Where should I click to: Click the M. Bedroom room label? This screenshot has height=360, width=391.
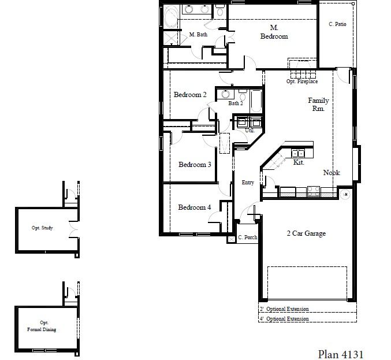(x=274, y=32)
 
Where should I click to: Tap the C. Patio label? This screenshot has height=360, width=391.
(x=337, y=24)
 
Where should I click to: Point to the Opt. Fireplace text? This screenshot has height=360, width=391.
(x=302, y=81)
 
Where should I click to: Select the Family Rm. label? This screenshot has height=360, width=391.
(x=318, y=104)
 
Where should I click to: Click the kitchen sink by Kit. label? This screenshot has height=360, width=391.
(x=298, y=153)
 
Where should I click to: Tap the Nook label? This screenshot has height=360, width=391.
(x=332, y=172)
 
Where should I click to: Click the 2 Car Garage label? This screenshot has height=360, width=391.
(x=306, y=233)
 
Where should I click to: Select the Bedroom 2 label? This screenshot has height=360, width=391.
(x=190, y=95)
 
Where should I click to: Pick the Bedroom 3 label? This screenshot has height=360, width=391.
(x=195, y=165)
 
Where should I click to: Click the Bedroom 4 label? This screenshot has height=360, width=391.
(x=195, y=207)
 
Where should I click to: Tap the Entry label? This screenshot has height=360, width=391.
(x=248, y=183)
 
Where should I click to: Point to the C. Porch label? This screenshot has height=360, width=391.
(x=248, y=237)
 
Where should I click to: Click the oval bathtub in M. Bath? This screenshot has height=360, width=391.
(x=171, y=17)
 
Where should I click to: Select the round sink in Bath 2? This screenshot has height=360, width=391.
(x=225, y=94)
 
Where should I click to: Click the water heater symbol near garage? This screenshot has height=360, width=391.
(x=345, y=194)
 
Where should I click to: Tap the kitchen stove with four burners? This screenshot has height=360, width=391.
(x=314, y=192)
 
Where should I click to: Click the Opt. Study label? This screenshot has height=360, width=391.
(x=42, y=228)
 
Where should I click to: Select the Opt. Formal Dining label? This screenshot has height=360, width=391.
(x=42, y=326)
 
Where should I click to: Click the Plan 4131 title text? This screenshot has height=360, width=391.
(x=341, y=354)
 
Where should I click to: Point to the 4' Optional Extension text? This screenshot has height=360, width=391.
(x=284, y=319)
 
